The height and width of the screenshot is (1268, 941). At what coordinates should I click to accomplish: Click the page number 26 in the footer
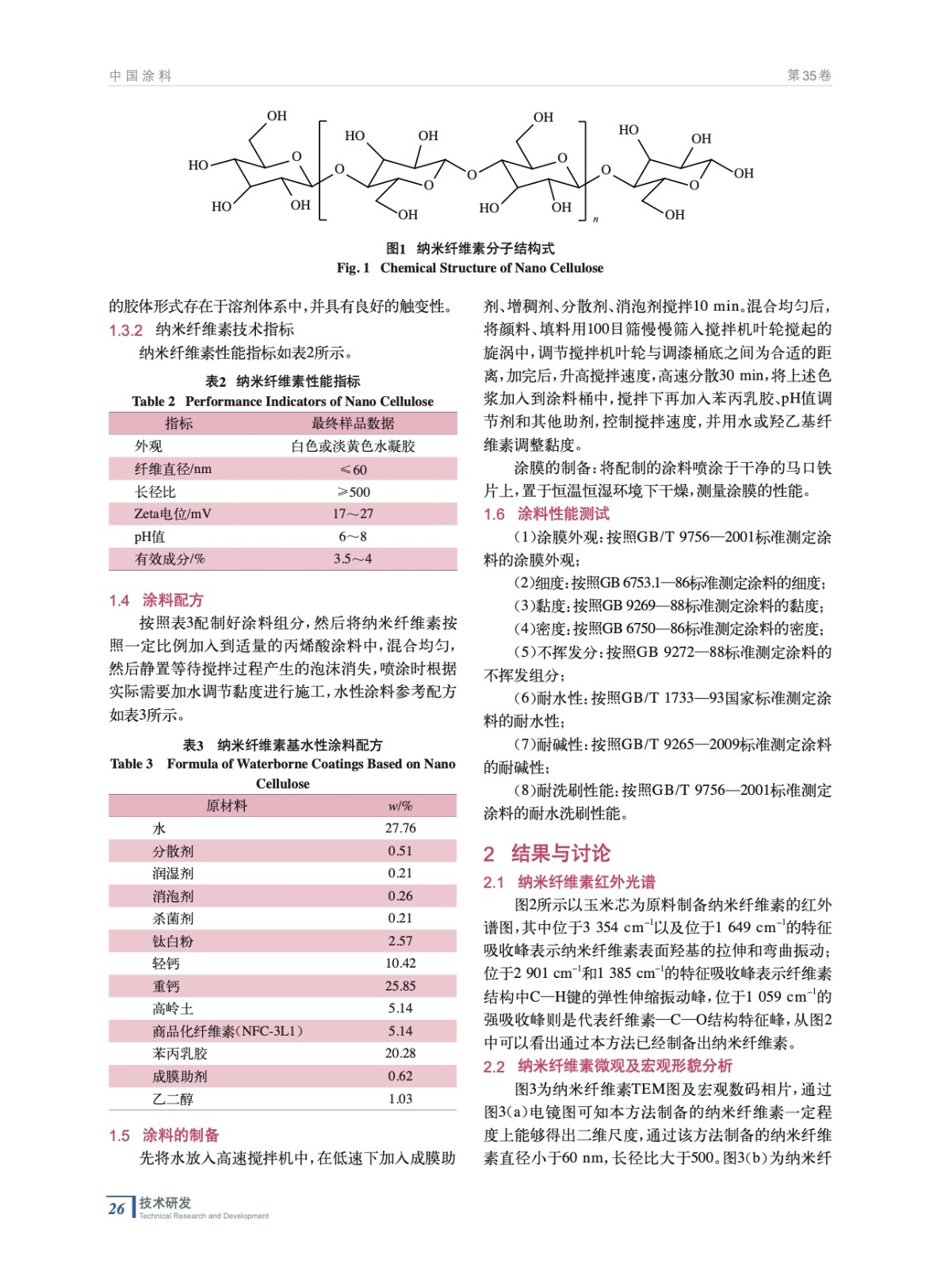click(x=117, y=1208)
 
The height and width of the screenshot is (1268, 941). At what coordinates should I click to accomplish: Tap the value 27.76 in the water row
click(x=400, y=828)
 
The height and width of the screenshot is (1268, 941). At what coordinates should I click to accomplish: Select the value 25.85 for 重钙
click(x=400, y=986)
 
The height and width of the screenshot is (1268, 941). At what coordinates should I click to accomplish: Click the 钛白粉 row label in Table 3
click(x=173, y=941)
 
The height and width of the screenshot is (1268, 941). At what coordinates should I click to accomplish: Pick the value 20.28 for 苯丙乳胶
click(x=400, y=1053)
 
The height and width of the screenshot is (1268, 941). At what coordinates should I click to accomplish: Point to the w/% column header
click(x=400, y=806)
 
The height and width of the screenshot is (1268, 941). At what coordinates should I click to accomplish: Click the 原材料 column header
click(x=227, y=806)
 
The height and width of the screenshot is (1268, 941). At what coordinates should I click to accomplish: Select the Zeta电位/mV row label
click(x=173, y=514)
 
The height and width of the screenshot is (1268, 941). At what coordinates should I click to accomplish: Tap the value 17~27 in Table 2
click(x=353, y=514)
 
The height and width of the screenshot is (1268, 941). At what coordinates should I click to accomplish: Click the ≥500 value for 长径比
click(x=354, y=491)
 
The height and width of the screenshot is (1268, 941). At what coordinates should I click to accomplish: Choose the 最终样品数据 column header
click(x=353, y=423)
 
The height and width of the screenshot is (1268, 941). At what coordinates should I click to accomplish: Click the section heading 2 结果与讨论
click(x=547, y=854)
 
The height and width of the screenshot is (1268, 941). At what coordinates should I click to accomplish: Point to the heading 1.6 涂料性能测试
click(x=547, y=514)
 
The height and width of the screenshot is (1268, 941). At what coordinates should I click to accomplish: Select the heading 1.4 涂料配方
click(x=156, y=600)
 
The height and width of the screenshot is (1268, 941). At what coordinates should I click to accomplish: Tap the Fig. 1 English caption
click(x=470, y=268)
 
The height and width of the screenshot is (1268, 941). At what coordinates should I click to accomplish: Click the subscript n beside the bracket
click(x=595, y=220)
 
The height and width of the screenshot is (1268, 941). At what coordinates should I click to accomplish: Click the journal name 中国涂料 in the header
click(x=140, y=76)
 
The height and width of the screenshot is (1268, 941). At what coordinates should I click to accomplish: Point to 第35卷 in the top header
click(x=809, y=76)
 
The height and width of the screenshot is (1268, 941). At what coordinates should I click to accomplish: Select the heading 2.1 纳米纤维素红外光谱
click(x=569, y=882)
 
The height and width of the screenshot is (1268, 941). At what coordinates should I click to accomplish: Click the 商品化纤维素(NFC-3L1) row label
click(x=228, y=1031)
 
